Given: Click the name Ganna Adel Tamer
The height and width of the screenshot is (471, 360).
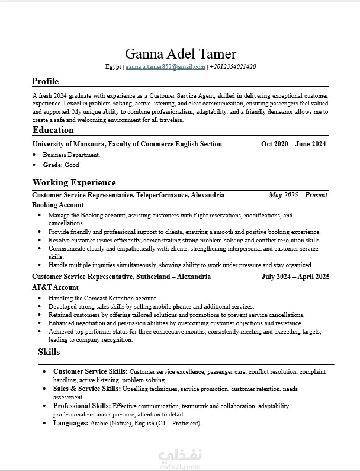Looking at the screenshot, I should click(x=181, y=54).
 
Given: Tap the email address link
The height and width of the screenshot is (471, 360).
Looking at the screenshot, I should click(x=165, y=67).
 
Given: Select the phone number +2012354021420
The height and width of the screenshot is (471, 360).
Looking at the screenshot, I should click(x=233, y=67).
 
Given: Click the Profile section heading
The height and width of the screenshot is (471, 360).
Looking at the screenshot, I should click(x=45, y=81).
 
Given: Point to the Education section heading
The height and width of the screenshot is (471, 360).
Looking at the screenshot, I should click(x=53, y=130).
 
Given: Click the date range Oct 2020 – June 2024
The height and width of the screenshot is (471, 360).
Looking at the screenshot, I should click(x=293, y=144).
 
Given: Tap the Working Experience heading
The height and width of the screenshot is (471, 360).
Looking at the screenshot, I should click(x=74, y=182).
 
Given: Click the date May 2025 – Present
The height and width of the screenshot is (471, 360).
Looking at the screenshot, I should click(x=298, y=195).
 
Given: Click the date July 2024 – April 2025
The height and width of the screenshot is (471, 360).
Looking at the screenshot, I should click(x=295, y=277).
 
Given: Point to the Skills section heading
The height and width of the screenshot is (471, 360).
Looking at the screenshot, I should click(x=49, y=352).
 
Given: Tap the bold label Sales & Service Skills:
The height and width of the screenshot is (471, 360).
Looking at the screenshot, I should click(x=87, y=389).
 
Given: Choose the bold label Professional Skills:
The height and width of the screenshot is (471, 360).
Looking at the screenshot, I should click(x=82, y=406).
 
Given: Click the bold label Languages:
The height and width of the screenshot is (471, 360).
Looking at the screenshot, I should click(x=70, y=424).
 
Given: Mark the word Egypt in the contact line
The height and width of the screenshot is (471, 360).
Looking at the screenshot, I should click(x=113, y=67).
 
